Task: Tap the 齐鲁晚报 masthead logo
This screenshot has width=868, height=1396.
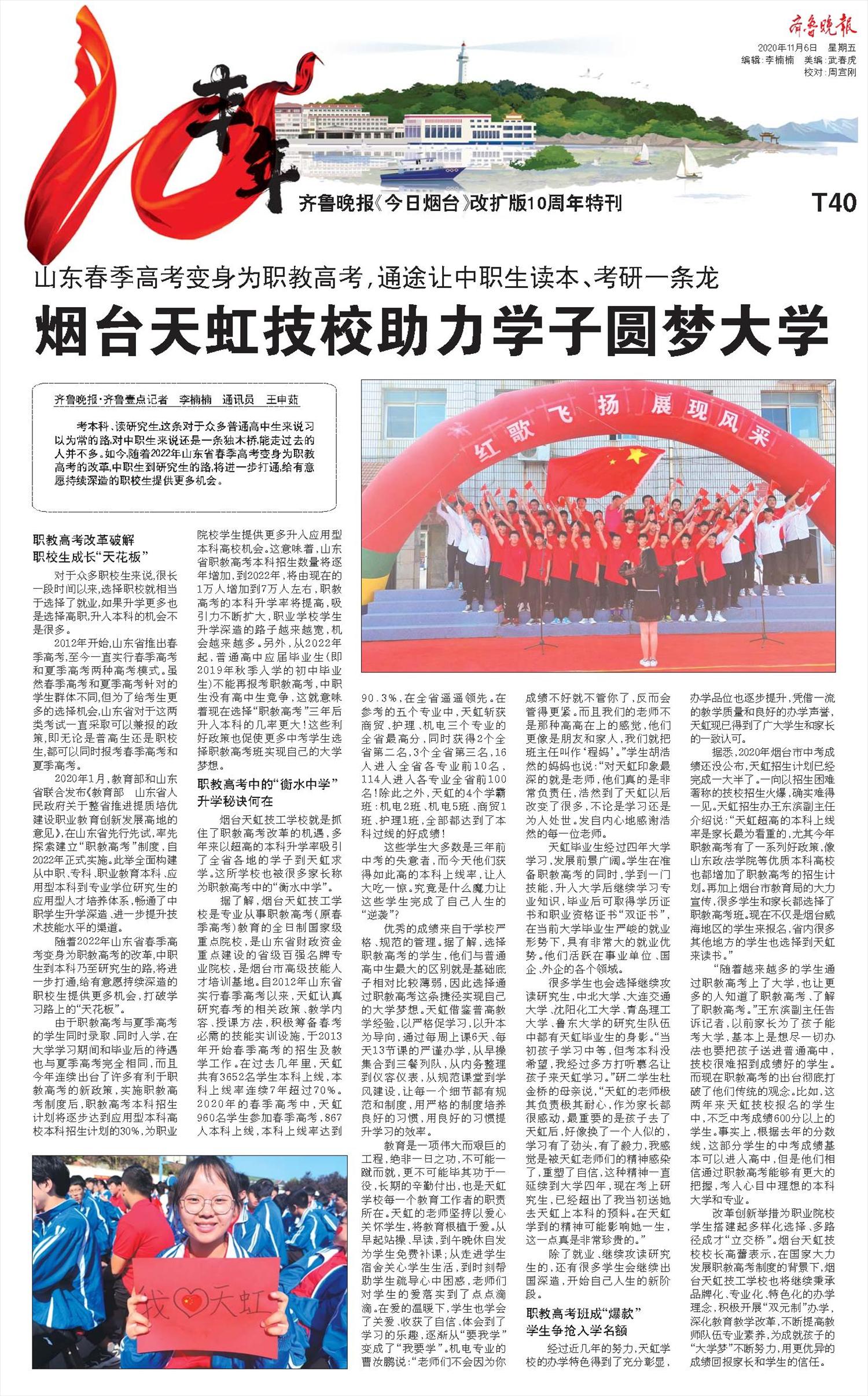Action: [x=822, y=26]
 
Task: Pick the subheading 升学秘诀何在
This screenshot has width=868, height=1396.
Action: [x=235, y=801]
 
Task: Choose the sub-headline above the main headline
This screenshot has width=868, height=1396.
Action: [x=376, y=279]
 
